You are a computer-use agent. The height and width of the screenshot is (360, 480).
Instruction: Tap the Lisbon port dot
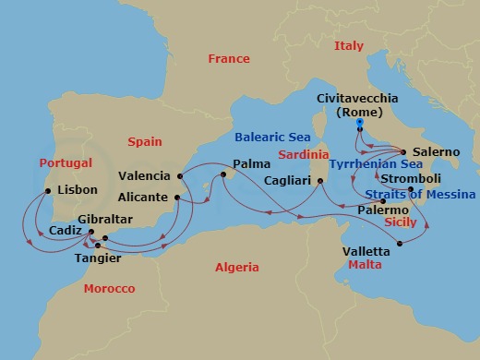click(48, 192)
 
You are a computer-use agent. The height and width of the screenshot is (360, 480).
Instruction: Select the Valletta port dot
click(399, 244)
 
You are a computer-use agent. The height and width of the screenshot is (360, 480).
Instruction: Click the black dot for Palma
click(223, 173)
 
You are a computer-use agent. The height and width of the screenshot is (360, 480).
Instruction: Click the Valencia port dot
click(180, 175)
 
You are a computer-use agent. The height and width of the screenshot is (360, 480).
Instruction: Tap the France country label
click(229, 59)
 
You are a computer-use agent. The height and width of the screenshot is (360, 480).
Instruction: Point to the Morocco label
click(109, 289)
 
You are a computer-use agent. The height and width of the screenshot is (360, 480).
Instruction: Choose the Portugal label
click(66, 162)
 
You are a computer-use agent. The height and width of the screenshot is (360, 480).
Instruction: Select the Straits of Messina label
click(420, 195)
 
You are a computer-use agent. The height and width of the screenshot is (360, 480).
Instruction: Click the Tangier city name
click(96, 258)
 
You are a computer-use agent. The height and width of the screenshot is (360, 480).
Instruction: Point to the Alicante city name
click(143, 197)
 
